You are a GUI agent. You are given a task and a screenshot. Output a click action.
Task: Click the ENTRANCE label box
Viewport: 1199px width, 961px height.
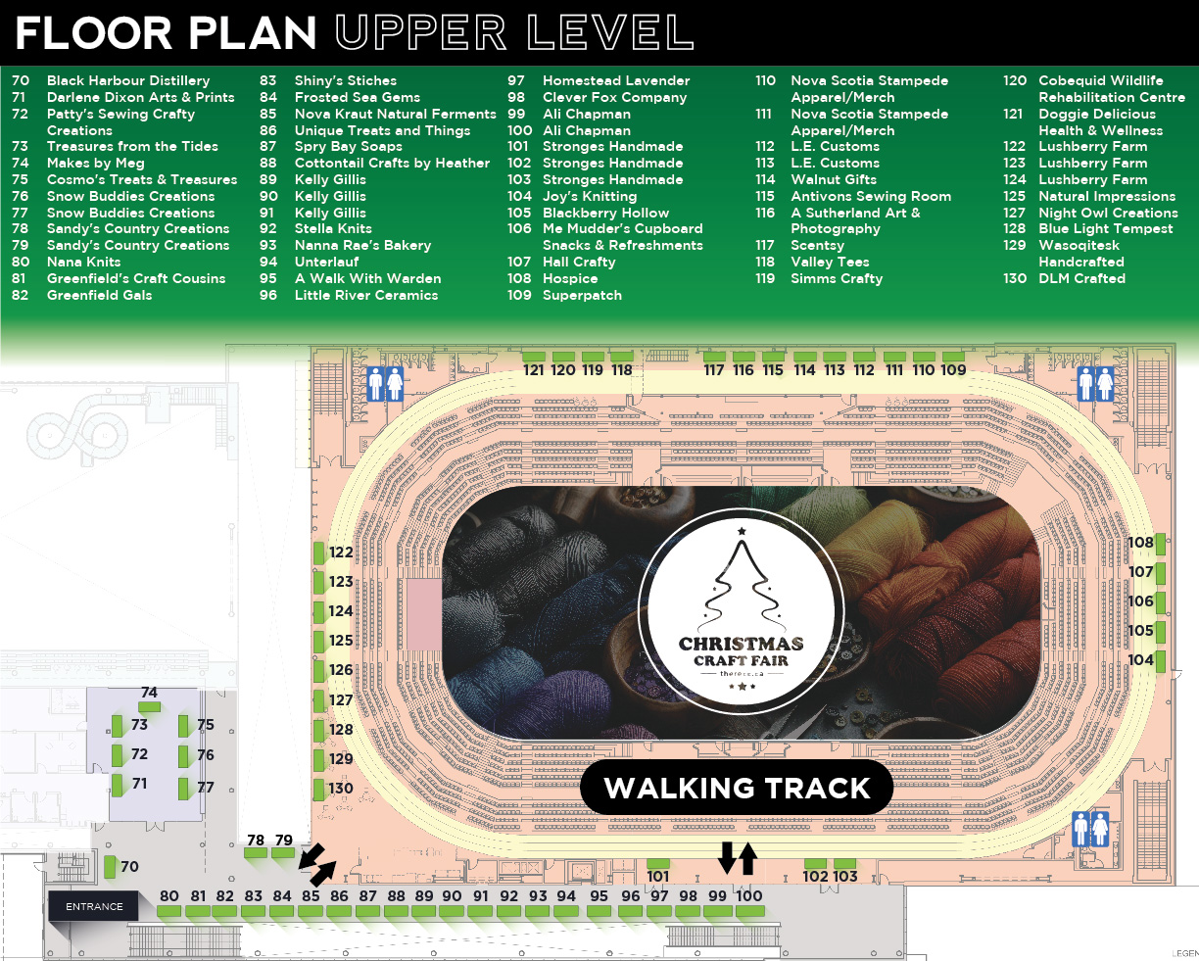click(94, 906)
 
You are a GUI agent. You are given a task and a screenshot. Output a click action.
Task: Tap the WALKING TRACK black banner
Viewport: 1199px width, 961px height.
click(737, 789)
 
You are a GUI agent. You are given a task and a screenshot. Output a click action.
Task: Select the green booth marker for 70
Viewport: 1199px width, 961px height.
click(110, 867)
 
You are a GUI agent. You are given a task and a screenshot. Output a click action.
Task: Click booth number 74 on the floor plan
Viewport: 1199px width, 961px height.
click(149, 693)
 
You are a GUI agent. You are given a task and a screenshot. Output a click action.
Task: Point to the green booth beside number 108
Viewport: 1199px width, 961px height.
click(1160, 543)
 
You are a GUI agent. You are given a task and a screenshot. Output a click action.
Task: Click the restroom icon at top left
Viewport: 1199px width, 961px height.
click(385, 383)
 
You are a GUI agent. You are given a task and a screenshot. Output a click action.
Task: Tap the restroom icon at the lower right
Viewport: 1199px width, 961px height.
click(1090, 829)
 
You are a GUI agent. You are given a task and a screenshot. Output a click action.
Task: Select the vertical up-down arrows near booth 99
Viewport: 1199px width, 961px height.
click(737, 857)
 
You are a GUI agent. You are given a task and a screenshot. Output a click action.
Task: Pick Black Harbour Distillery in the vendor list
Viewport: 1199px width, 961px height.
click(128, 80)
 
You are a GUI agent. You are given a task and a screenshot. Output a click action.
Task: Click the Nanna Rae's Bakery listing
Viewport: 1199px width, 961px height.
click(362, 245)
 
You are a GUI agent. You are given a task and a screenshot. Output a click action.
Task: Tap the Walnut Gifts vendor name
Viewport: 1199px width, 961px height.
click(834, 179)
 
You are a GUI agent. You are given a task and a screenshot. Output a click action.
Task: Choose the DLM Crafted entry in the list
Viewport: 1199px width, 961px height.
click(1081, 278)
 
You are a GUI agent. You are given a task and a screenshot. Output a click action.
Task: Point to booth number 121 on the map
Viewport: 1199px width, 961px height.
click(534, 370)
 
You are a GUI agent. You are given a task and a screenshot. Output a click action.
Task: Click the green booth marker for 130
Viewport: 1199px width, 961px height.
click(318, 789)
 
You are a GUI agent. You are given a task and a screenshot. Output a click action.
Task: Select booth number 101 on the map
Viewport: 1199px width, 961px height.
click(658, 877)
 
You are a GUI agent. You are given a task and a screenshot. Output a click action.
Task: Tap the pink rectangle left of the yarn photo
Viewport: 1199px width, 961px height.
click(423, 614)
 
